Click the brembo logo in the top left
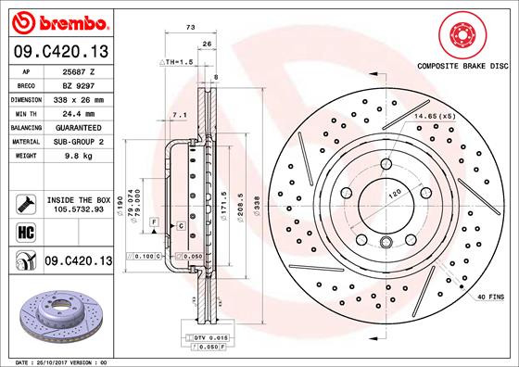(57, 20)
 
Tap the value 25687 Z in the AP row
(79, 71)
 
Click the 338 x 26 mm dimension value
(79, 97)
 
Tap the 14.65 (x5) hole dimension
(433, 115)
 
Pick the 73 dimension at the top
(190, 28)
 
